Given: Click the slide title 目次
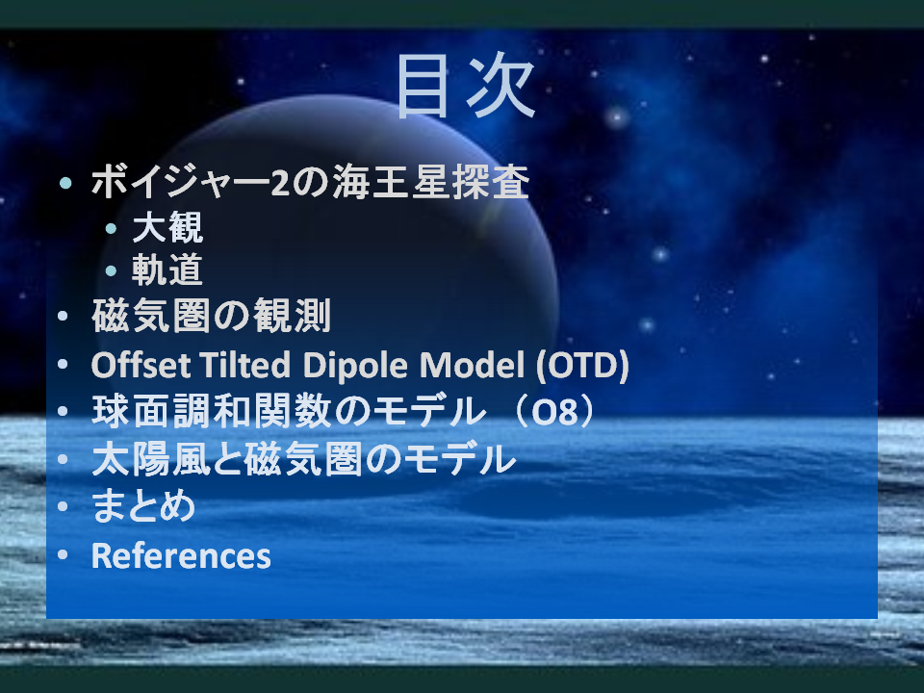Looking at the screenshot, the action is coord(466,86).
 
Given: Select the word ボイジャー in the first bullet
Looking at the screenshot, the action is coord(181,182).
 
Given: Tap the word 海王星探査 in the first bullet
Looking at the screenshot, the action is coord(431,182).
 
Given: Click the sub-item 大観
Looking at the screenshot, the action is coord(167,227).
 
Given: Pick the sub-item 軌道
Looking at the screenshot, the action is coord(167,269).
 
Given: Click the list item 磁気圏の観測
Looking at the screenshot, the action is coord(211,316).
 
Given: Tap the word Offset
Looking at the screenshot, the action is coord(141,365).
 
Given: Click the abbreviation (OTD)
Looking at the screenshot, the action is coord(582,366).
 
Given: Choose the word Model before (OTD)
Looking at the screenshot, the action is coord(472,365).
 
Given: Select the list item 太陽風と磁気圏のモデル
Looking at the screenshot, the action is coord(304,459).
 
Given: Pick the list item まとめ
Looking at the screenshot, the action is coord(143,505).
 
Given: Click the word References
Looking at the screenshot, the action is coord(181,555).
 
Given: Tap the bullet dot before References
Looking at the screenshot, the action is coord(63,554).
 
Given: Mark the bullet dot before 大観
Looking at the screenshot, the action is coord(111,228).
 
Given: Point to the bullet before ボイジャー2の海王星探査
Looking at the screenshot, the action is coord(65,183).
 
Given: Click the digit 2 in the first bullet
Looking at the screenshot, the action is coord(280,183).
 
